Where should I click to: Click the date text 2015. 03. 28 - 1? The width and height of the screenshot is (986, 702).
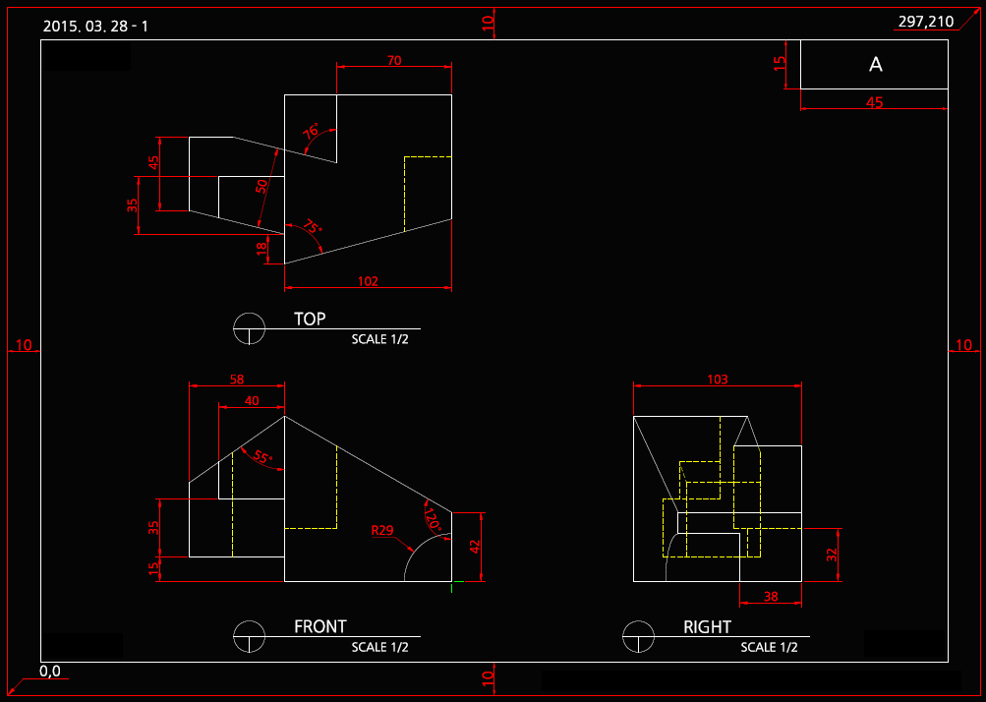pyautogui.click(x=95, y=26)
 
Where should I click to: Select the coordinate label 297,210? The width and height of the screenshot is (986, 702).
pyautogui.click(x=926, y=22)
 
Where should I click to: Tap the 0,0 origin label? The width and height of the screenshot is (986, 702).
pyautogui.click(x=50, y=672)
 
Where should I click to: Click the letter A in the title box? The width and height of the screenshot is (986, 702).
pyautogui.click(x=876, y=65)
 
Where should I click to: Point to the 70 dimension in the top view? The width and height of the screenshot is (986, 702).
pyautogui.click(x=394, y=61)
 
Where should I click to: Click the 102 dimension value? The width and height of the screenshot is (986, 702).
pyautogui.click(x=368, y=281)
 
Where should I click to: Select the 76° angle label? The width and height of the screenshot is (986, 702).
pyautogui.click(x=312, y=132)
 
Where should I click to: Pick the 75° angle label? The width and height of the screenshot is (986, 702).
pyautogui.click(x=311, y=228)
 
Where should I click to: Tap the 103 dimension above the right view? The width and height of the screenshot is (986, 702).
pyautogui.click(x=718, y=380)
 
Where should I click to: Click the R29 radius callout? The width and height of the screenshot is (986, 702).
pyautogui.click(x=382, y=531)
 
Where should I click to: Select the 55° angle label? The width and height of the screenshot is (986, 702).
pyautogui.click(x=261, y=457)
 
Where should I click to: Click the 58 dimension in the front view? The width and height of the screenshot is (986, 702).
pyautogui.click(x=236, y=379)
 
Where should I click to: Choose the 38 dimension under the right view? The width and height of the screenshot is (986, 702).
pyautogui.click(x=770, y=597)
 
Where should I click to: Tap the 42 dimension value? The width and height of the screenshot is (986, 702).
pyautogui.click(x=475, y=547)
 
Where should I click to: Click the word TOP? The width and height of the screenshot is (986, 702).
pyautogui.click(x=310, y=320)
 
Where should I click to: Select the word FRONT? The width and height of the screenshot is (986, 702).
pyautogui.click(x=320, y=626)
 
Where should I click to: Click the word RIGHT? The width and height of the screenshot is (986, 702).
pyautogui.click(x=708, y=627)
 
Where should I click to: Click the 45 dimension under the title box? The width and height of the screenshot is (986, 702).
pyautogui.click(x=874, y=102)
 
